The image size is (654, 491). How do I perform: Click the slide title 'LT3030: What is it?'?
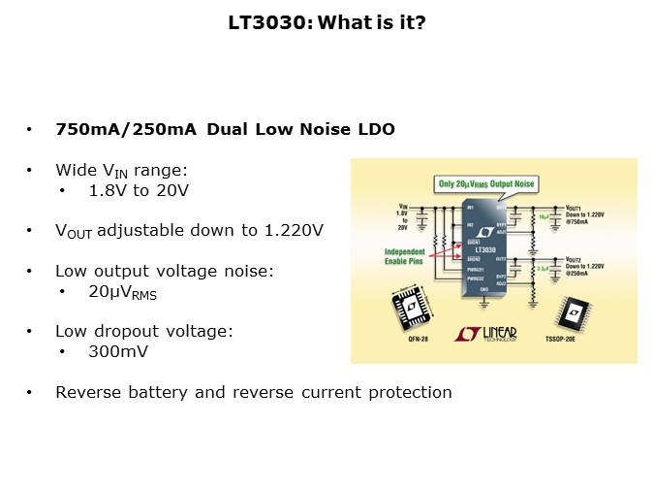coord(327,20)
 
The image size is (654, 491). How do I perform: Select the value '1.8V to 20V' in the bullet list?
coord(138,190)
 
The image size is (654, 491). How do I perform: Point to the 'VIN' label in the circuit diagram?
coord(402,207)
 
